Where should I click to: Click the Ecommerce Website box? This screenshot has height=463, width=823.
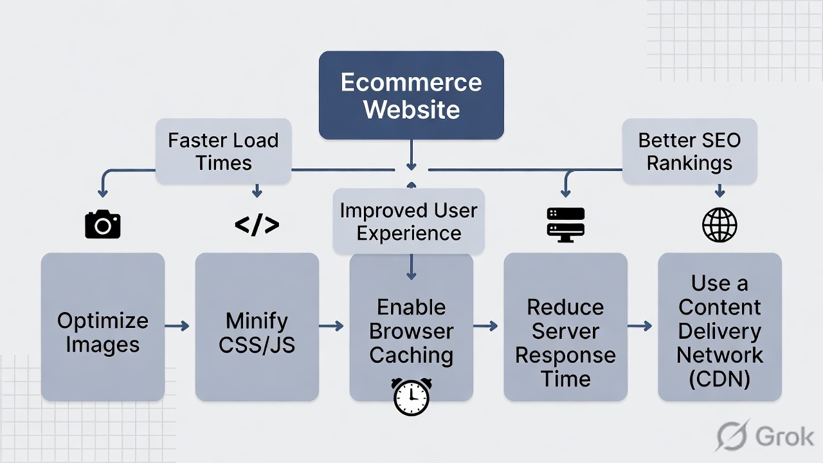411,95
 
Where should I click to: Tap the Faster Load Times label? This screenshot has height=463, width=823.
223,151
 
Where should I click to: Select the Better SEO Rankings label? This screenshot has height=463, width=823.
689,151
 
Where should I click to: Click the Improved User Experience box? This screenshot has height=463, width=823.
409,221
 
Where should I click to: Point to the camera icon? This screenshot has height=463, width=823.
103,224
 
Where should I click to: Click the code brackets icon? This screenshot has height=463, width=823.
257,224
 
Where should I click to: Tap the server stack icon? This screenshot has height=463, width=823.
566,224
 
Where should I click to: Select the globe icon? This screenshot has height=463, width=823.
719,224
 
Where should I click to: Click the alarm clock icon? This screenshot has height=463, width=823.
411,396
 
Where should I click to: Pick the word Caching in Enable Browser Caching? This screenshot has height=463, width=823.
411,355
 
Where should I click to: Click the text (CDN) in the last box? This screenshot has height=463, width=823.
719,379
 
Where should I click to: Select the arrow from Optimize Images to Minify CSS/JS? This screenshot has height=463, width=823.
177,326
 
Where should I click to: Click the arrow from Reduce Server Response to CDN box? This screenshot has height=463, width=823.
640,326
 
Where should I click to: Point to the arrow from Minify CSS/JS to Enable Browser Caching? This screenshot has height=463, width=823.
332,326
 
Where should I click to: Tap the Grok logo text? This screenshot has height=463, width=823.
784,437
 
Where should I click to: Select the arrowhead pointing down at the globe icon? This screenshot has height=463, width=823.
719,192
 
